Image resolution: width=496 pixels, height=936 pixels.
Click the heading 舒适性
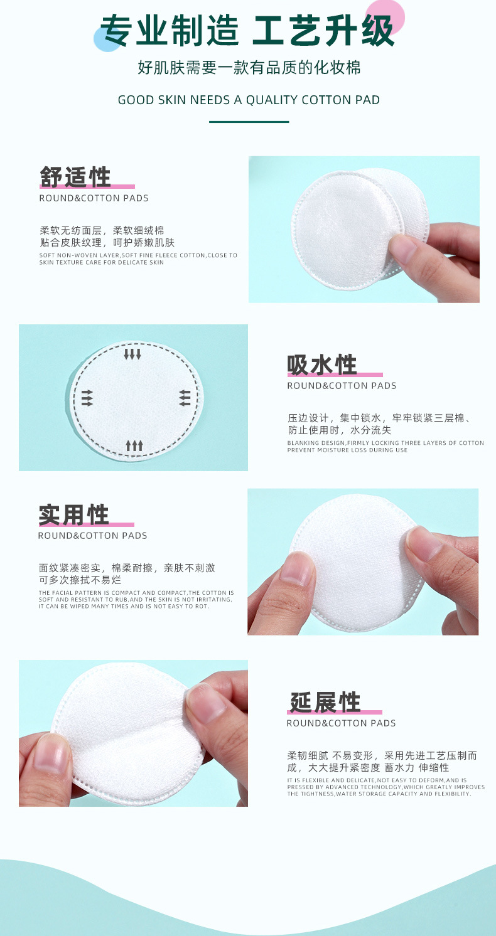click(x=75, y=177)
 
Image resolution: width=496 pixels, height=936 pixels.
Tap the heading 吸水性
click(x=322, y=364)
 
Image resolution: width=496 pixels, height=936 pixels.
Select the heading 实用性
click(x=74, y=514)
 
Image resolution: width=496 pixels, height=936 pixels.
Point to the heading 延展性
click(x=325, y=702)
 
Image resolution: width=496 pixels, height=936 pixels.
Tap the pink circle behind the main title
click(x=385, y=18)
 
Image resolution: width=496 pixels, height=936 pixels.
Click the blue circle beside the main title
click(x=107, y=38)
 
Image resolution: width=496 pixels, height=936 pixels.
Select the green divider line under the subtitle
click(x=249, y=122)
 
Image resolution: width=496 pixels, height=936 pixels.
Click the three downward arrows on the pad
click(x=132, y=354)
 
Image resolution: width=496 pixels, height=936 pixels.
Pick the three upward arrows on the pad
click(x=134, y=445)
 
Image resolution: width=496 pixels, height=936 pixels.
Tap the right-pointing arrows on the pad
click(x=87, y=398)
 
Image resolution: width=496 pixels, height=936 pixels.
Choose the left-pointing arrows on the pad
click(x=185, y=398)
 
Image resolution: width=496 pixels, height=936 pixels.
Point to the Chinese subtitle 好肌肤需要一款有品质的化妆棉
click(x=249, y=67)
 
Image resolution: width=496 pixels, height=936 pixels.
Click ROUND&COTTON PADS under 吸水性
click(x=342, y=386)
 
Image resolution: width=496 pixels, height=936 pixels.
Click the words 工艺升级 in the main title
click(x=323, y=30)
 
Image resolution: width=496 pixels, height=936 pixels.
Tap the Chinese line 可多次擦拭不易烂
click(x=80, y=580)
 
